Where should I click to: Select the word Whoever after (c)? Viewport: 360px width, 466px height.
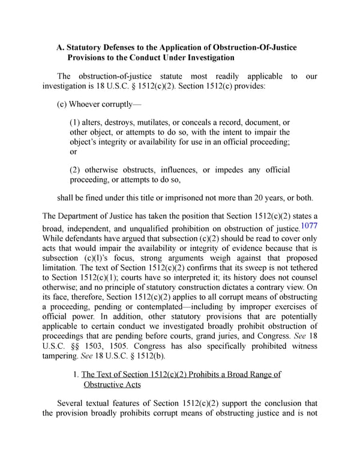coord(95,103)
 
